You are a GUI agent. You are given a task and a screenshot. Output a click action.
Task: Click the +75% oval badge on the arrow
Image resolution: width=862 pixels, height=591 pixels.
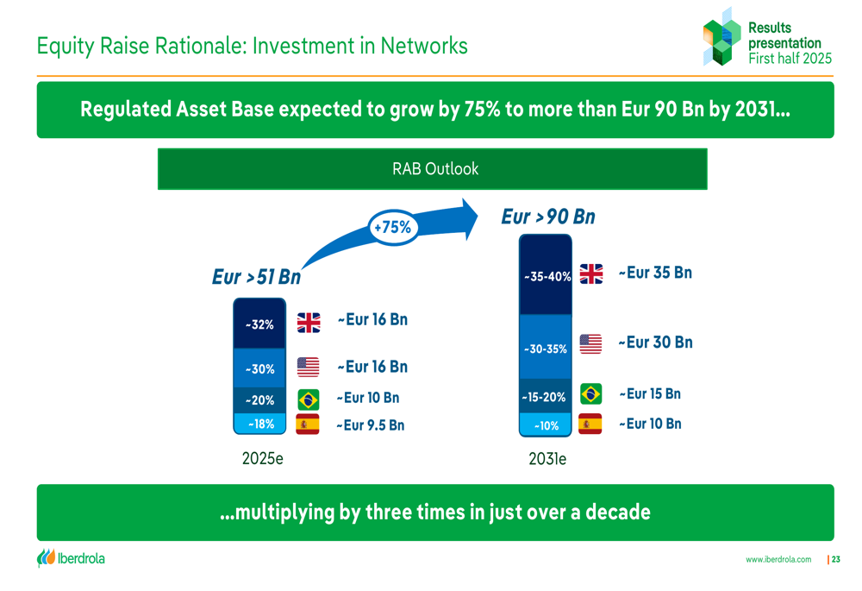[x=392, y=227]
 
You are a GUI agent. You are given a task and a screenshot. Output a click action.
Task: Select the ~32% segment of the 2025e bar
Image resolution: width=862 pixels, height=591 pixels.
[x=259, y=324]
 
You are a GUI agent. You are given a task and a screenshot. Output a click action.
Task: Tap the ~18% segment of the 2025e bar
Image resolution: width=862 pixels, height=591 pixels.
[x=259, y=424]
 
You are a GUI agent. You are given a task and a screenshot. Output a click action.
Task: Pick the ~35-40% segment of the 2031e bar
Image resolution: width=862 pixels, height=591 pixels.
[x=546, y=274]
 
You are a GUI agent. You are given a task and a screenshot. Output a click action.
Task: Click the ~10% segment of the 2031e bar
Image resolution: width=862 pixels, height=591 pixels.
[x=546, y=425]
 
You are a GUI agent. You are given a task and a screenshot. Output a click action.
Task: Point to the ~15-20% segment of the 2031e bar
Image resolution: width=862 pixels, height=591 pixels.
[x=546, y=396]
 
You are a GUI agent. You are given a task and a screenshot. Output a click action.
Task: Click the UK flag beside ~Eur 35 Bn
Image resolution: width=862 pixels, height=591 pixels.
[x=591, y=273]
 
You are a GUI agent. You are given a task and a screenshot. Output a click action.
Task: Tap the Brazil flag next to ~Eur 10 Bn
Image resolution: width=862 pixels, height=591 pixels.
[x=309, y=399]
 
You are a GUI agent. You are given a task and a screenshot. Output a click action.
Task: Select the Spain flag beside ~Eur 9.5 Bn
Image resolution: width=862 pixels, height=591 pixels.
[x=308, y=424]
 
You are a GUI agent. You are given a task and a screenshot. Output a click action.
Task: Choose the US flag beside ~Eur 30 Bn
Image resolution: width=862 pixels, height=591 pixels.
[x=590, y=344]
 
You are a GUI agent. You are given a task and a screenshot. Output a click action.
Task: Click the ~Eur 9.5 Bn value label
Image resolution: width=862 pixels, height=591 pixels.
[x=371, y=425]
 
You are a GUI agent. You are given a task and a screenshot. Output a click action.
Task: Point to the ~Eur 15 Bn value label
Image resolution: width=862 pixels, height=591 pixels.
[x=650, y=394]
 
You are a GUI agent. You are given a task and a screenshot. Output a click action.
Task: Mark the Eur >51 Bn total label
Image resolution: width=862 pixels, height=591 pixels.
[x=257, y=276]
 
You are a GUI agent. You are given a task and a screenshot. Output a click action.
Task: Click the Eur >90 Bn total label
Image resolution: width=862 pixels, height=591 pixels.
[x=548, y=217]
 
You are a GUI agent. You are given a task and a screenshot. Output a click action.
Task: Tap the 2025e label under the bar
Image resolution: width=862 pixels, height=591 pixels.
[x=263, y=458]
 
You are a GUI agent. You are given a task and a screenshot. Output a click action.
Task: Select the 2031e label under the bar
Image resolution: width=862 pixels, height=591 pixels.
[x=547, y=459]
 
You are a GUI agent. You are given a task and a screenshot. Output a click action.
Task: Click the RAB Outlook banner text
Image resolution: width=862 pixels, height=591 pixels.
[x=435, y=169]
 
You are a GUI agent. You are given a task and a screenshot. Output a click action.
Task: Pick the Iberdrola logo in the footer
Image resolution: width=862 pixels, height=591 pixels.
[x=71, y=558]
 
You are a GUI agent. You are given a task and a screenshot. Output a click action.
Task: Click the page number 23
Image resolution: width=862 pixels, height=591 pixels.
[x=835, y=559]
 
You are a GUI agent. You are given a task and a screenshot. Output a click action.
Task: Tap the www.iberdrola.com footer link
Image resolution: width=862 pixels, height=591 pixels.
[x=778, y=559]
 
